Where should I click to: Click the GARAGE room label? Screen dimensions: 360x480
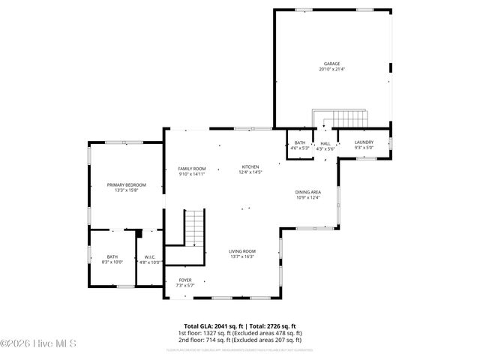point(331,64)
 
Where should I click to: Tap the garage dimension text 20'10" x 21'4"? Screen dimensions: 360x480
point(331,69)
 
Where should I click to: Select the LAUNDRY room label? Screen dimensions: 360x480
point(364,142)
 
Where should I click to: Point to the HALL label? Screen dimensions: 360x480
point(325,143)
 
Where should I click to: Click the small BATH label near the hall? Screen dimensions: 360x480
point(299,142)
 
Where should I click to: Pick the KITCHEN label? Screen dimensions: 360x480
point(250,166)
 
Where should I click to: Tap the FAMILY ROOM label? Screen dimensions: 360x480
point(191,169)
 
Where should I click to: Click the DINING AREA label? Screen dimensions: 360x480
point(307,192)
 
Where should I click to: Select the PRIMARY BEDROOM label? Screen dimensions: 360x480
point(126,184)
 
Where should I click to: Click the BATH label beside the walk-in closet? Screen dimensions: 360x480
point(112,256)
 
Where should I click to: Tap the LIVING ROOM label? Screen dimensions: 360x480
point(242,251)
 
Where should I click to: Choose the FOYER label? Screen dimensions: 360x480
point(184,280)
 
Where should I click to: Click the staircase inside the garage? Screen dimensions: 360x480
point(341,118)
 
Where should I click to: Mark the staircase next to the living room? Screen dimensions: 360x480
point(194,228)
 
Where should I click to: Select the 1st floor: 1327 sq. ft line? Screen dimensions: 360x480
point(239,333)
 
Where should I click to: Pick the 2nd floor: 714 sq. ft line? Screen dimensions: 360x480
point(239,339)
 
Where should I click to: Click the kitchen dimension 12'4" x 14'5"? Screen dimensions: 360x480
point(250,172)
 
